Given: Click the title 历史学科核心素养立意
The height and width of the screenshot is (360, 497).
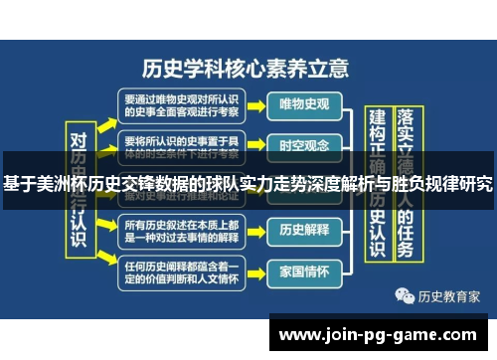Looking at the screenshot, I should pos(246,69).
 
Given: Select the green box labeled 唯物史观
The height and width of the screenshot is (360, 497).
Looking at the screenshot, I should pos(303,102).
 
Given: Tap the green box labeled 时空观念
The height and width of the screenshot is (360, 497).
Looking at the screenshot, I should pos(303,146).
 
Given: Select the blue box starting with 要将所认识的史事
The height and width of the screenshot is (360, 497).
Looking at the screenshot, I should pos(183,146).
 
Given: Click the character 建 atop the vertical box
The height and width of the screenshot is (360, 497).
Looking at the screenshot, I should pos(377,118).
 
